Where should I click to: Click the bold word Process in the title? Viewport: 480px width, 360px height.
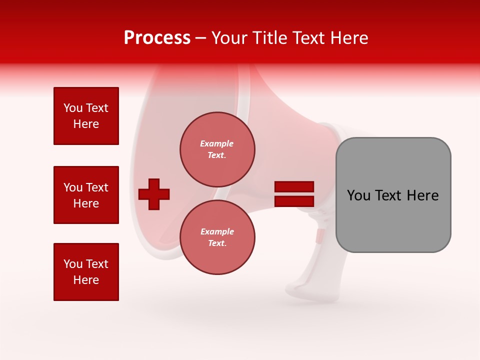click(157, 38)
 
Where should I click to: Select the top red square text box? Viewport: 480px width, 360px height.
click(86, 116)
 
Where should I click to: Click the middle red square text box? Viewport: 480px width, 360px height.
click(86, 195)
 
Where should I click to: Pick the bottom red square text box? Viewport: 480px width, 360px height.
click(86, 272)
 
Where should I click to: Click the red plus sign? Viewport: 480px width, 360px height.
click(154, 194)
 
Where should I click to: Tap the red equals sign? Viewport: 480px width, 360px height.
click(294, 194)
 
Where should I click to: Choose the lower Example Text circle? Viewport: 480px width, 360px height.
click(217, 237)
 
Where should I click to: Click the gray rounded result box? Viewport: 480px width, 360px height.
click(393, 195)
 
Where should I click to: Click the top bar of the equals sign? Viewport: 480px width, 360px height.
click(294, 187)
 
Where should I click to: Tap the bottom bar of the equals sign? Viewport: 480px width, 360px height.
click(294, 201)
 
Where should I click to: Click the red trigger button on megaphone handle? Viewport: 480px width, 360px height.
click(320, 236)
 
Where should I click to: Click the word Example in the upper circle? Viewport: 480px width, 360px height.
click(217, 143)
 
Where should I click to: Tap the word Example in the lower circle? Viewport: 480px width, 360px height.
click(217, 231)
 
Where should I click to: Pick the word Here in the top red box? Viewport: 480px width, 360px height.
click(86, 124)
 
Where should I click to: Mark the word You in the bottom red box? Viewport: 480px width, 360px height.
click(72, 264)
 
